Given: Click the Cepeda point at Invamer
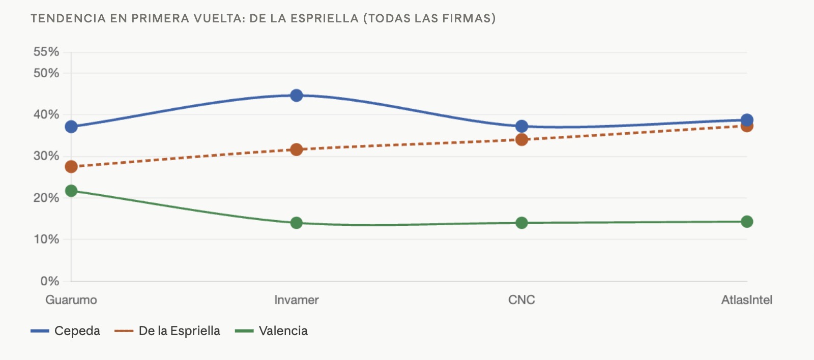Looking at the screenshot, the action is click(297, 96).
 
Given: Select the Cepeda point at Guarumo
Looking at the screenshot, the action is click(71, 127).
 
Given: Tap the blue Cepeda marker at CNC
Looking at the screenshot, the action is click(521, 127).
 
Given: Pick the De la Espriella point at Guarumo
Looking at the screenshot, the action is click(71, 167).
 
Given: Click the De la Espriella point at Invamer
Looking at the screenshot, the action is click(297, 149).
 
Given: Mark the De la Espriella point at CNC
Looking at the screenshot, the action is click(521, 139).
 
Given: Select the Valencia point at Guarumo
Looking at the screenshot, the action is click(71, 191).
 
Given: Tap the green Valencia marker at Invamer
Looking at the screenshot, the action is click(297, 223).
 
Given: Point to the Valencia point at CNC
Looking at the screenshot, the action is click(521, 223).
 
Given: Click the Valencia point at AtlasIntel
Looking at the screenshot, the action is click(747, 222).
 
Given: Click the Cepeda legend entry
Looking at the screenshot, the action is click(66, 331).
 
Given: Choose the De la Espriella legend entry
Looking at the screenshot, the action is click(167, 331).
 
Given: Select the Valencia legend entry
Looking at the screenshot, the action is click(272, 331).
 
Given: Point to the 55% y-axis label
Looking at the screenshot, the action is click(46, 51).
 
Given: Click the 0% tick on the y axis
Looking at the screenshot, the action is click(50, 281).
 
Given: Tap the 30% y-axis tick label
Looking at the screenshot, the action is click(46, 156).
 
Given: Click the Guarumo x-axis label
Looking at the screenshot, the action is click(71, 300).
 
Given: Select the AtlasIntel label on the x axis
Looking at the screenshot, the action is click(747, 300).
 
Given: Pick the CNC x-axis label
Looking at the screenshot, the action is click(521, 300).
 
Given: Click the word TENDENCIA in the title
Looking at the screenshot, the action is click(68, 18).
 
